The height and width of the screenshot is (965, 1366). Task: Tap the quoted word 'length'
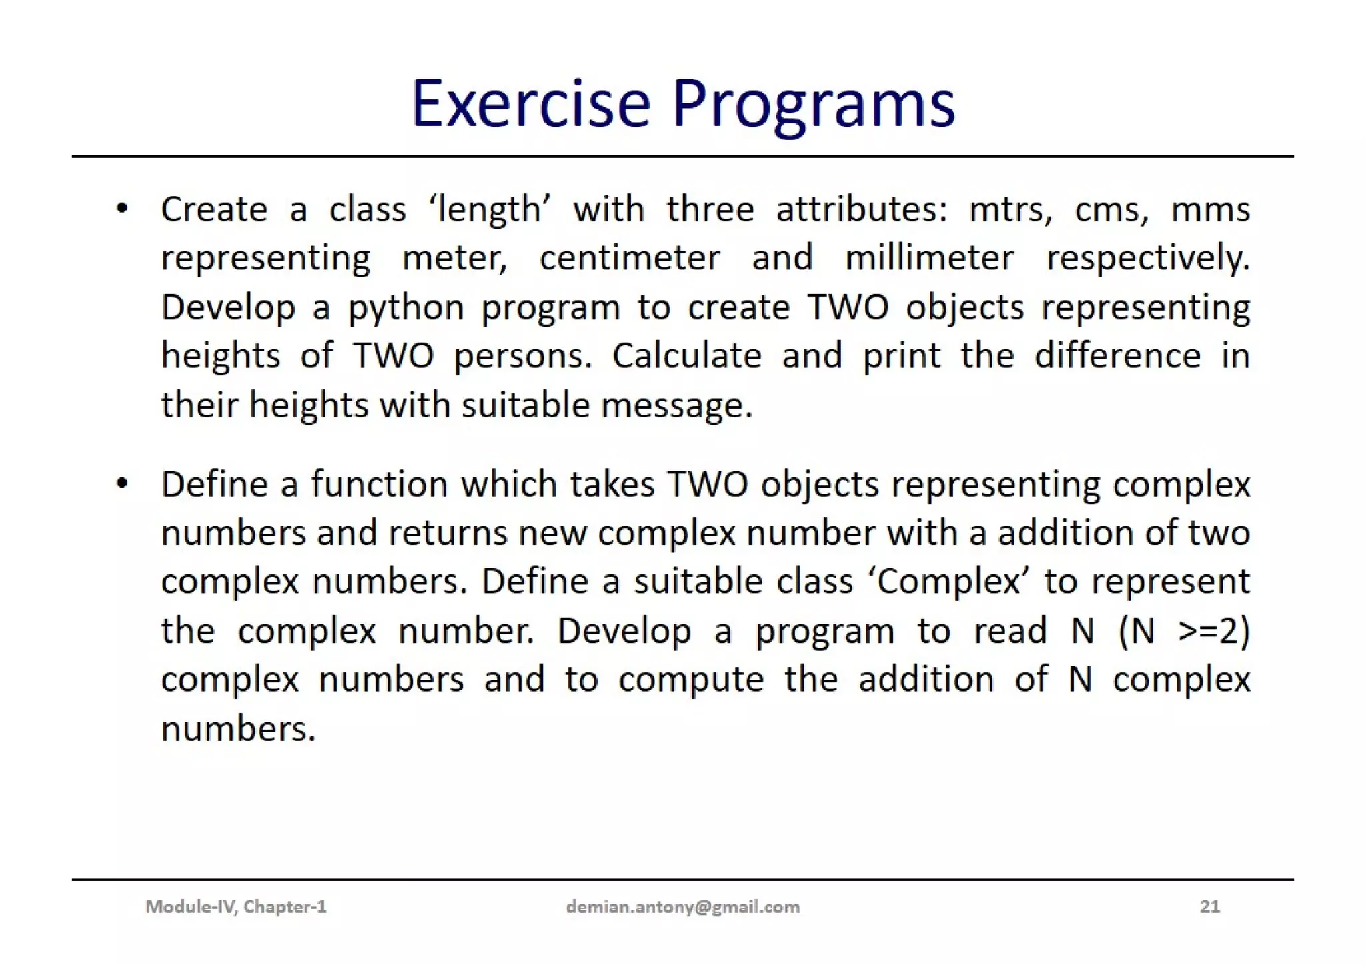490,210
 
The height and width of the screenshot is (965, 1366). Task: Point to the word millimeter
929,259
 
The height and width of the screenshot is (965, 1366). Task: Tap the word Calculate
687,355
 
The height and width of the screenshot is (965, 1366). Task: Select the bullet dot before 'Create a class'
121,209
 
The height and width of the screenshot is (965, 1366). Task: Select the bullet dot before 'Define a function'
121,484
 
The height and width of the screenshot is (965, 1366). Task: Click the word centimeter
630,259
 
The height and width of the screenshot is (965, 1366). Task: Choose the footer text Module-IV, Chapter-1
236,907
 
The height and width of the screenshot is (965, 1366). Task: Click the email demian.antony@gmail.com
682,907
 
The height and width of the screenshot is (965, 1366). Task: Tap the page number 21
1210,907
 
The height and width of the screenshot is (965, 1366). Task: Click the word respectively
1147,259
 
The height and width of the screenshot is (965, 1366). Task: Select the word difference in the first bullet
1117,355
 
